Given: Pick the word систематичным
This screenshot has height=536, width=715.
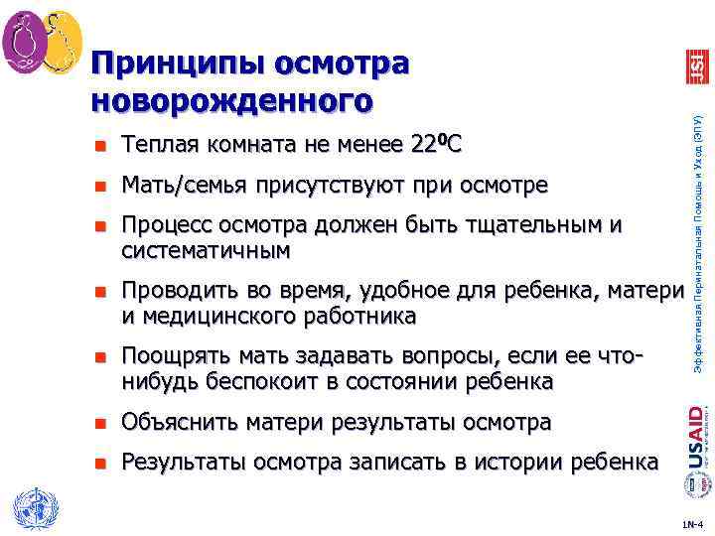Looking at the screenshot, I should pyautogui.click(x=206, y=249).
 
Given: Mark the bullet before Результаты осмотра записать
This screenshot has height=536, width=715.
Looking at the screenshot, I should pyautogui.click(x=98, y=463).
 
